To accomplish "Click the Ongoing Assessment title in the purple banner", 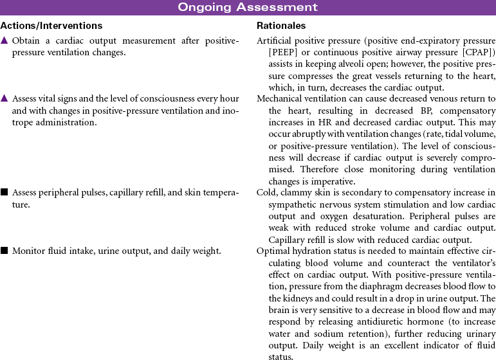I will click(248, 8).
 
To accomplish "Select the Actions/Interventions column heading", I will click(51, 26).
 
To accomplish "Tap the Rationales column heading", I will click(281, 26).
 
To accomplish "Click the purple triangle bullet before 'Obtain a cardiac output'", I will click(4, 41).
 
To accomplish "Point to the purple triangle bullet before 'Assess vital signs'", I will click(4, 99).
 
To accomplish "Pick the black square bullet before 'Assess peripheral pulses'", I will click(4, 192).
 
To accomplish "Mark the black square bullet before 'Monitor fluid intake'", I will click(4, 251).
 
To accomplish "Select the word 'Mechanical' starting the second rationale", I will click(280, 99).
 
